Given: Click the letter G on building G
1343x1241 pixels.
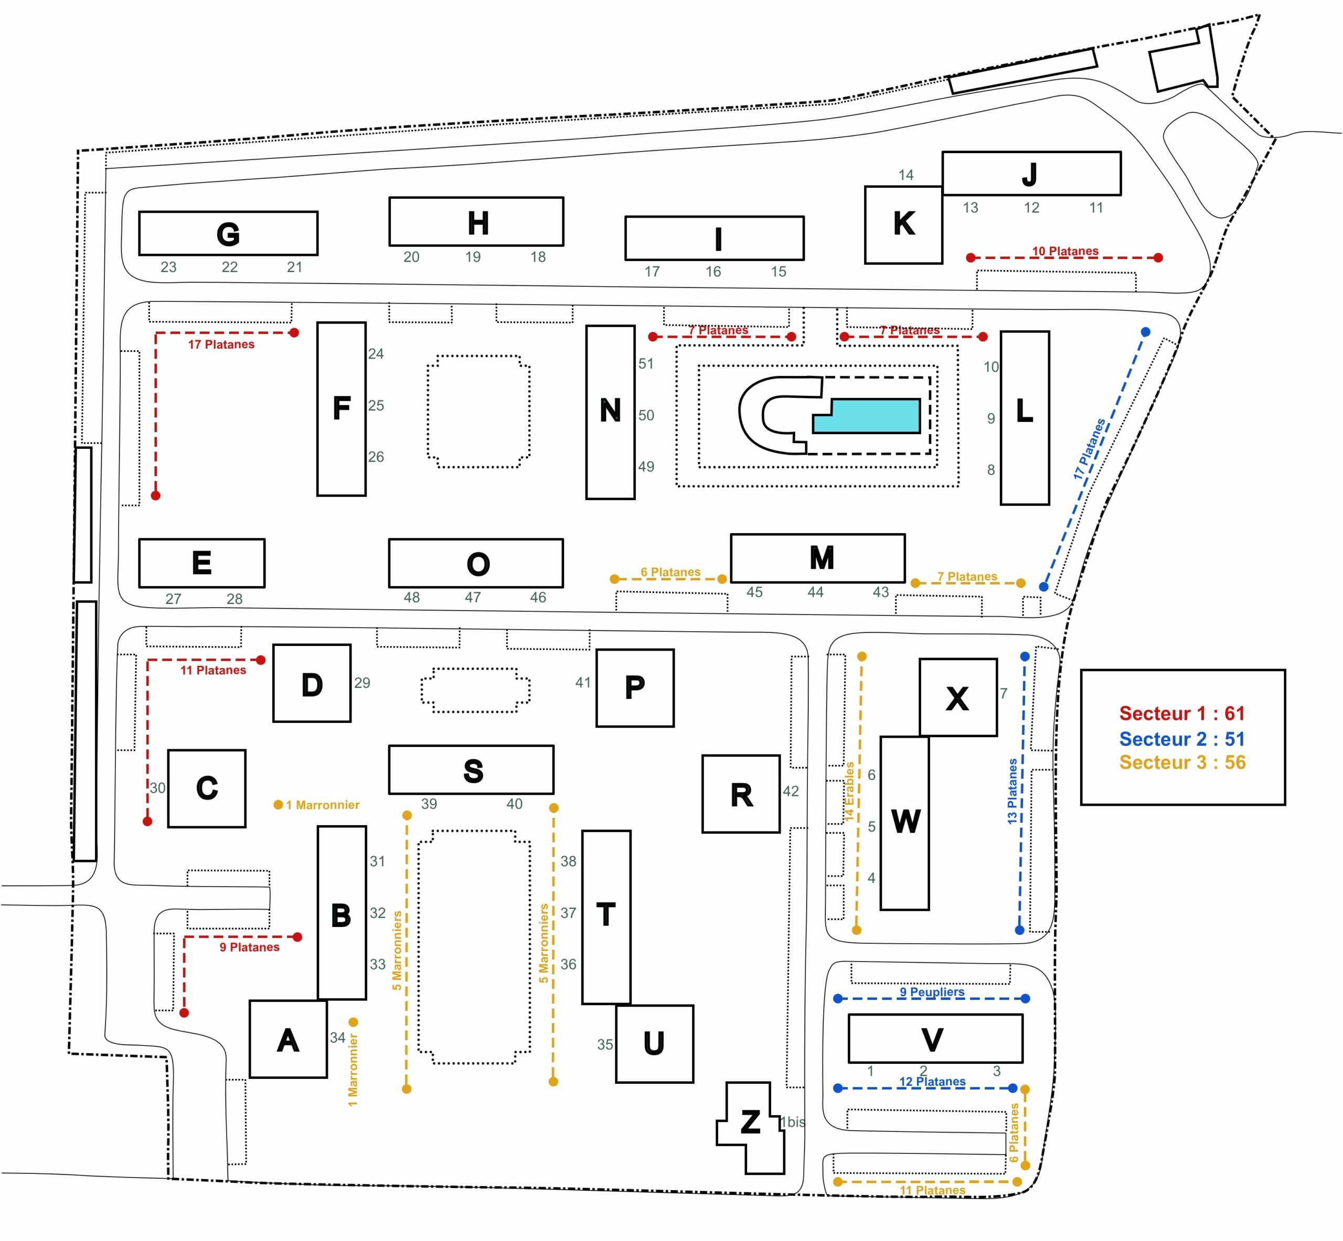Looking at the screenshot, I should [228, 234].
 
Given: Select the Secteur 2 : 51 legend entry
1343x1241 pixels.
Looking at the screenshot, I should [1182, 739].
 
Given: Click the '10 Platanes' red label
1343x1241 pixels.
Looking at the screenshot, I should [1065, 251].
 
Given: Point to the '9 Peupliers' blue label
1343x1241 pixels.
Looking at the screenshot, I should [932, 992].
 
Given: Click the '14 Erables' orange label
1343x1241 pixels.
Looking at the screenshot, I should [849, 792].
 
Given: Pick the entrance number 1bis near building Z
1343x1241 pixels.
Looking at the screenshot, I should [793, 1122].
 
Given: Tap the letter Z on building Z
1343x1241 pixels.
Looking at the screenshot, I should [750, 1122].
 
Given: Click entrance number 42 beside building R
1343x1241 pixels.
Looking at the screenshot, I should [791, 791].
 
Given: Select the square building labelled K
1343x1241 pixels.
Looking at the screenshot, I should [903, 225].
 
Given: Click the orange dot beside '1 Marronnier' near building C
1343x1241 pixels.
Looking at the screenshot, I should [278, 804].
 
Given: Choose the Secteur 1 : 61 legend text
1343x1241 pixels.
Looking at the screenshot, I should [1182, 713].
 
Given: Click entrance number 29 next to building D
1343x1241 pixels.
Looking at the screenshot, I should [362, 683].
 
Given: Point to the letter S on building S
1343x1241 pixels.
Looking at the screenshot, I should [473, 771].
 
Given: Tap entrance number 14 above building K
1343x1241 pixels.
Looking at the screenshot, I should [905, 175].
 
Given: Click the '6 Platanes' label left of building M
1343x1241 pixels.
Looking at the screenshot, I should [670, 572].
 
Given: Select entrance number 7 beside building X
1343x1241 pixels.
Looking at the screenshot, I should [1003, 693].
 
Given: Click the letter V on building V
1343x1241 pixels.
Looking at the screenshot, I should [932, 1040].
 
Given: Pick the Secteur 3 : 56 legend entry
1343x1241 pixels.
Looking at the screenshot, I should [1182, 763].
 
